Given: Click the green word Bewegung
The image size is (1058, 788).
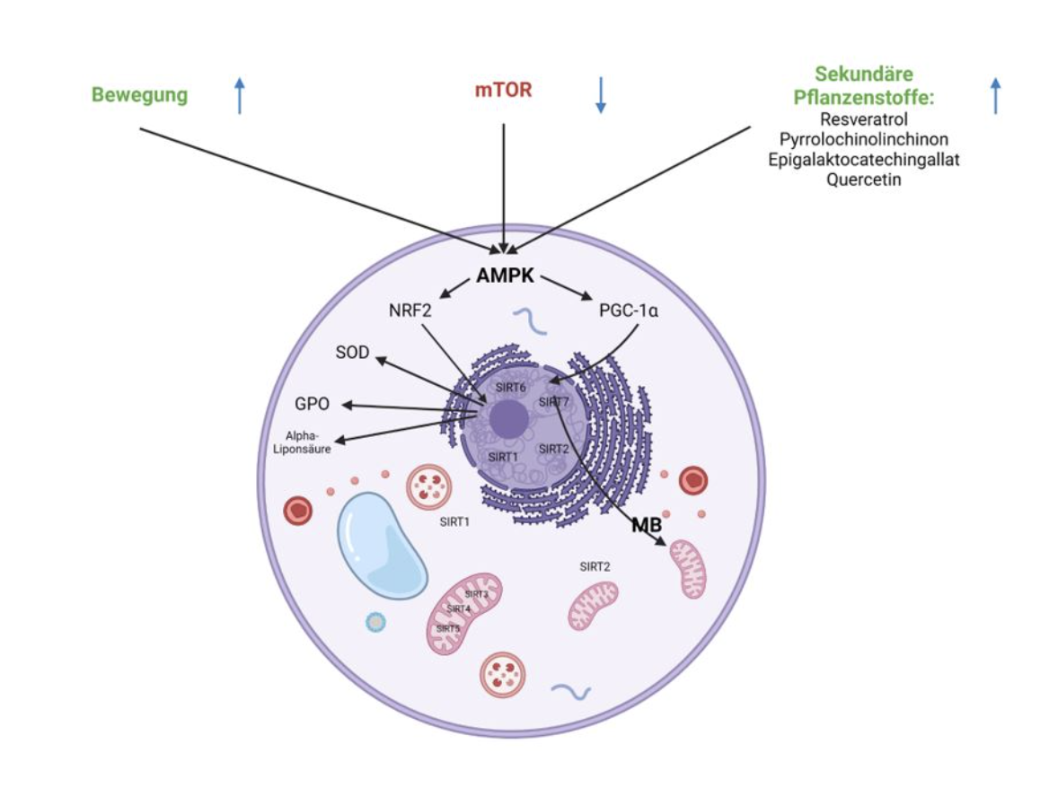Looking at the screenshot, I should click(140, 95).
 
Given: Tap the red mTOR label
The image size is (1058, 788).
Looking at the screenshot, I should click(504, 92).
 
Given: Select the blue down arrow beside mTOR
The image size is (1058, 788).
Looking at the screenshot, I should click(601, 95).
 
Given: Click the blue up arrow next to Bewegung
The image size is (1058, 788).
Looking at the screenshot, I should click(239, 95).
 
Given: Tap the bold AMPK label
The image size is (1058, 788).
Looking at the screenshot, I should click(505, 276).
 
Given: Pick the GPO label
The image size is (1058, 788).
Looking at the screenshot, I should click(312, 405).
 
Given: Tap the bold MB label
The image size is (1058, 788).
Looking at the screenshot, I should click(645, 525).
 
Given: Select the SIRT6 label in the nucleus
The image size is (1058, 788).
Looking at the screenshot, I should click(510, 388).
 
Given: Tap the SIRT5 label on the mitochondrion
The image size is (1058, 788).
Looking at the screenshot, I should click(448, 629).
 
